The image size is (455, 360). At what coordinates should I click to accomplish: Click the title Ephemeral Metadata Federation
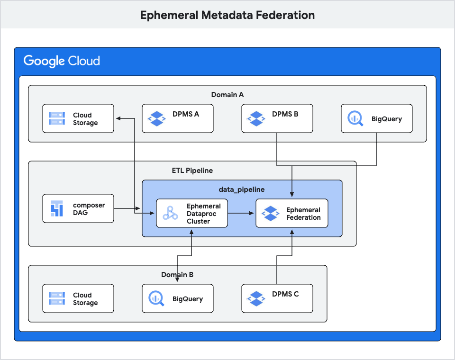point(227,15)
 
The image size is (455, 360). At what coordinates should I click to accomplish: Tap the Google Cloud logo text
point(62,61)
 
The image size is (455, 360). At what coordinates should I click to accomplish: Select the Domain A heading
point(227,95)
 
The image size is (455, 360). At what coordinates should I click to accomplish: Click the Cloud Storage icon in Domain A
point(57,118)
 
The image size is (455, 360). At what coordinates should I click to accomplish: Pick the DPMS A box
point(178,118)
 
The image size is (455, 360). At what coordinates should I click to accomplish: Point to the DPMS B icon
point(256,118)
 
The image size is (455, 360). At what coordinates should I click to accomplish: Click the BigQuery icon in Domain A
point(355,118)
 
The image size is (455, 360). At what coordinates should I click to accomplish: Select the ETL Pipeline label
point(192,171)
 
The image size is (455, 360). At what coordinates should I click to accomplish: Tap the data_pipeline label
point(242,189)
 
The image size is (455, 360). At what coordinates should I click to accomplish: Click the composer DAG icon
point(57,208)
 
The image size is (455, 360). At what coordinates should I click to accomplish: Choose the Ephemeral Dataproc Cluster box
point(192,213)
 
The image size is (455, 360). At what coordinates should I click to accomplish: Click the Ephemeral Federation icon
point(270,213)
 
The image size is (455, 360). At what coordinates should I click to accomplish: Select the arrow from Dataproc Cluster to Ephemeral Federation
point(242,213)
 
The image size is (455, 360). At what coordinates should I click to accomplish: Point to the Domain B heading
point(177,275)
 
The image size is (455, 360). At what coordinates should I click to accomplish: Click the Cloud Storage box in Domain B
point(78,298)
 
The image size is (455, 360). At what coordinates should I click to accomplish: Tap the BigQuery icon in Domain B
point(156,298)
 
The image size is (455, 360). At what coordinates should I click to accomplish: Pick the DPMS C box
point(277,298)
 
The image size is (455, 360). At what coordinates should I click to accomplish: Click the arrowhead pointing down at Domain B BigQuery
point(178,281)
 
